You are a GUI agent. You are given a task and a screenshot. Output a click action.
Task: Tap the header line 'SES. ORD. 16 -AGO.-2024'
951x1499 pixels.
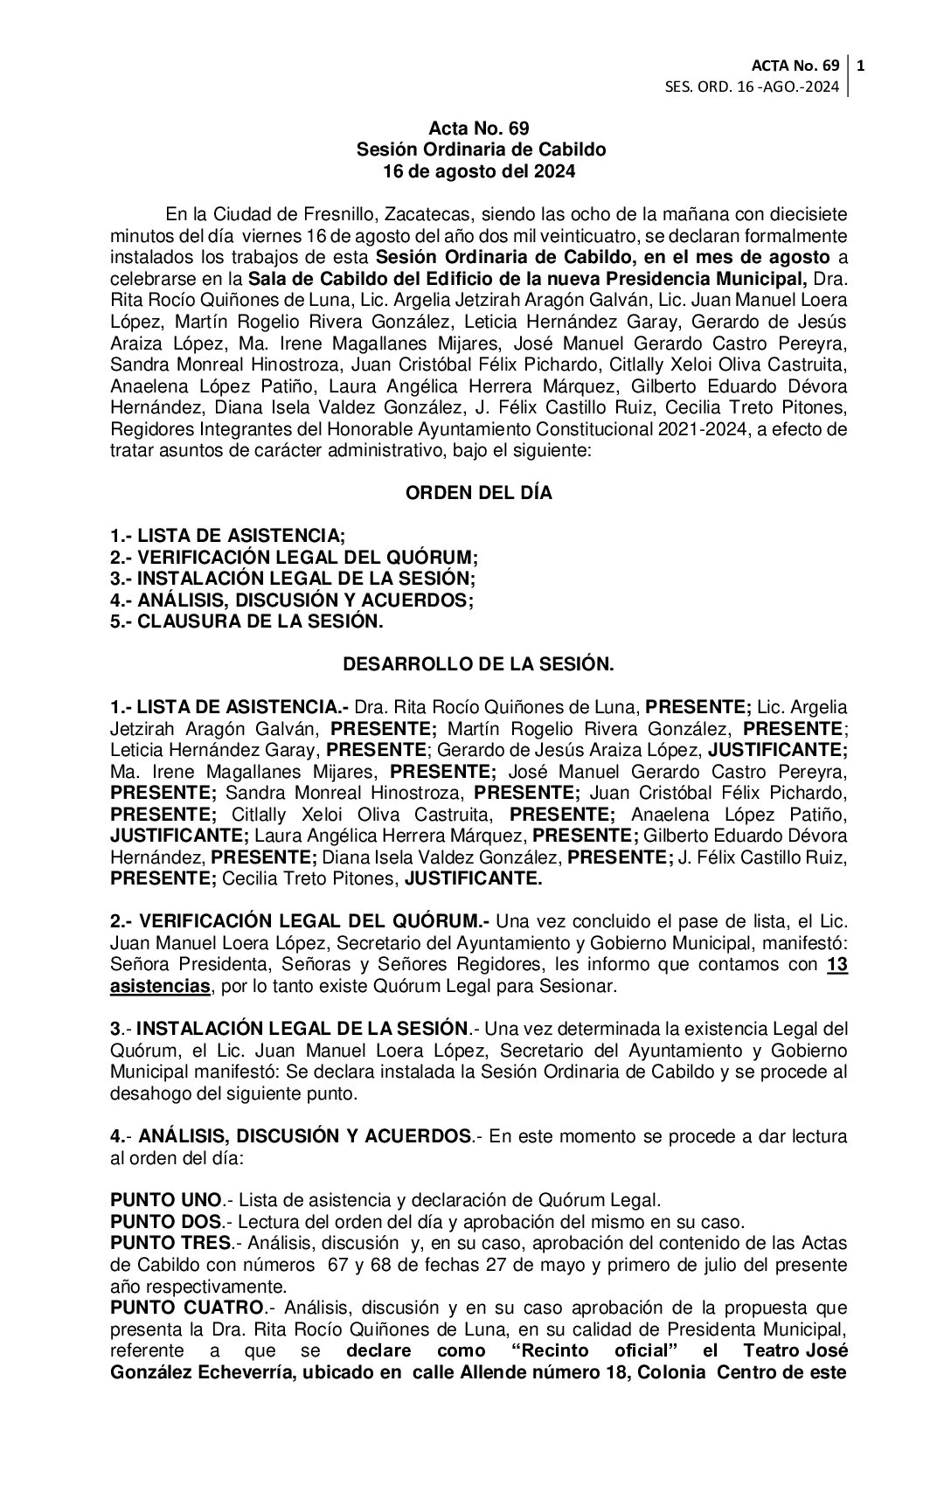pyautogui.click(x=753, y=87)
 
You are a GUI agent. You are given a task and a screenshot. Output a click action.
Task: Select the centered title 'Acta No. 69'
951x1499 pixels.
pyautogui.click(x=479, y=129)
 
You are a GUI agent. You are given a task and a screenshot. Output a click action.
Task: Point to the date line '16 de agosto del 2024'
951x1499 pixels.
pyautogui.click(x=479, y=171)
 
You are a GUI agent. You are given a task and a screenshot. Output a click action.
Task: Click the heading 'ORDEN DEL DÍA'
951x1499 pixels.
pyautogui.click(x=478, y=493)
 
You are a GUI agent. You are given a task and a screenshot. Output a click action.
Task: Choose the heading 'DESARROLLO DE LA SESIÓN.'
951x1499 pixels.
pyautogui.click(x=478, y=664)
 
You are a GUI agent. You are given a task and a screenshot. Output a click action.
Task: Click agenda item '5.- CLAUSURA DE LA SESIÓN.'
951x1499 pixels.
pyautogui.click(x=246, y=621)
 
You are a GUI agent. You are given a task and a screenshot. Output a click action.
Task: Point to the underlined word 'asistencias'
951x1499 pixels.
pyautogui.click(x=160, y=987)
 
